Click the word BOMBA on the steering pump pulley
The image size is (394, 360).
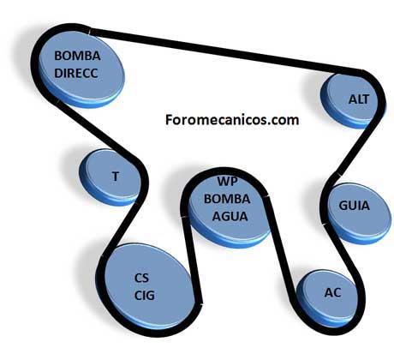click(x=77, y=56)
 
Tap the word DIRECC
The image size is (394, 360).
click(x=76, y=73)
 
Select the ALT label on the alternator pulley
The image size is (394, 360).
click(x=359, y=99)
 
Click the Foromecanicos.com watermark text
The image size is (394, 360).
click(x=232, y=120)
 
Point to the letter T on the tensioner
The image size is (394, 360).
click(x=116, y=177)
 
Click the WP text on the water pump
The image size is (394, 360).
click(x=228, y=181)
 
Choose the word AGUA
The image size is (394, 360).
click(x=230, y=216)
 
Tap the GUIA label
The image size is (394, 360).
click(x=354, y=206)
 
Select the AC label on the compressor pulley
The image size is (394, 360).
click(x=332, y=292)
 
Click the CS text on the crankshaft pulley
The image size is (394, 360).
click(x=141, y=278)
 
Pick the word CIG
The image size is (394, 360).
click(x=145, y=296)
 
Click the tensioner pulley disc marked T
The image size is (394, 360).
click(x=110, y=177)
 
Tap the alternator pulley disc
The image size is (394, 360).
click(x=353, y=100)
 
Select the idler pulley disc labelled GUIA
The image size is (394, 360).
click(x=358, y=213)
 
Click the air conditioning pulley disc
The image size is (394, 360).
click(x=328, y=298)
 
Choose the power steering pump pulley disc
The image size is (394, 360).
click(x=81, y=68)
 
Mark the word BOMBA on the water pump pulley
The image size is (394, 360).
click(x=227, y=199)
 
